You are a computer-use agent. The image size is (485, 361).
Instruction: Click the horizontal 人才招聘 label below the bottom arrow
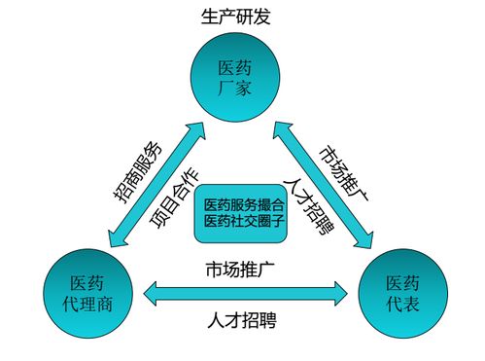[x=243, y=319]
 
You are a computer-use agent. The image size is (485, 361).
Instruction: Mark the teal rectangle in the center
[x=244, y=213]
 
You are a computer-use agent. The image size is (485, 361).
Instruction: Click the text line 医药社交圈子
[x=244, y=222]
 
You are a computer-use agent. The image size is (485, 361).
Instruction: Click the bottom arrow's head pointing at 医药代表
[x=340, y=290]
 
